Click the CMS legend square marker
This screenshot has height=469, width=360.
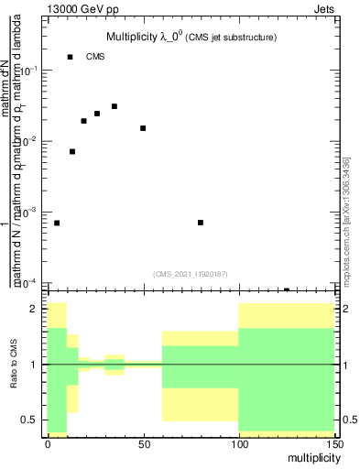click(x=70, y=57)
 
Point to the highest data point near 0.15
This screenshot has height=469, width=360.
click(x=70, y=57)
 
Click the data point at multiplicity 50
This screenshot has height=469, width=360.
click(x=143, y=128)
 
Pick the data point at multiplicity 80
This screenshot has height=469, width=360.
click(x=201, y=223)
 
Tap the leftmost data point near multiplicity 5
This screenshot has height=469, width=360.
click(x=57, y=223)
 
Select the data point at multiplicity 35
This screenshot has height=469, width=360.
click(x=115, y=106)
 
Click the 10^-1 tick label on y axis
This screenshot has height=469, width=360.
click(x=30, y=71)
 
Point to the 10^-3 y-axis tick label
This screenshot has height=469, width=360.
click(x=30, y=212)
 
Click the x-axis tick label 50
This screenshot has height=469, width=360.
click(x=143, y=442)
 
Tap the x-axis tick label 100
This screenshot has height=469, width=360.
click(x=238, y=442)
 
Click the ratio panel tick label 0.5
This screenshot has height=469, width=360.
click(x=31, y=420)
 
